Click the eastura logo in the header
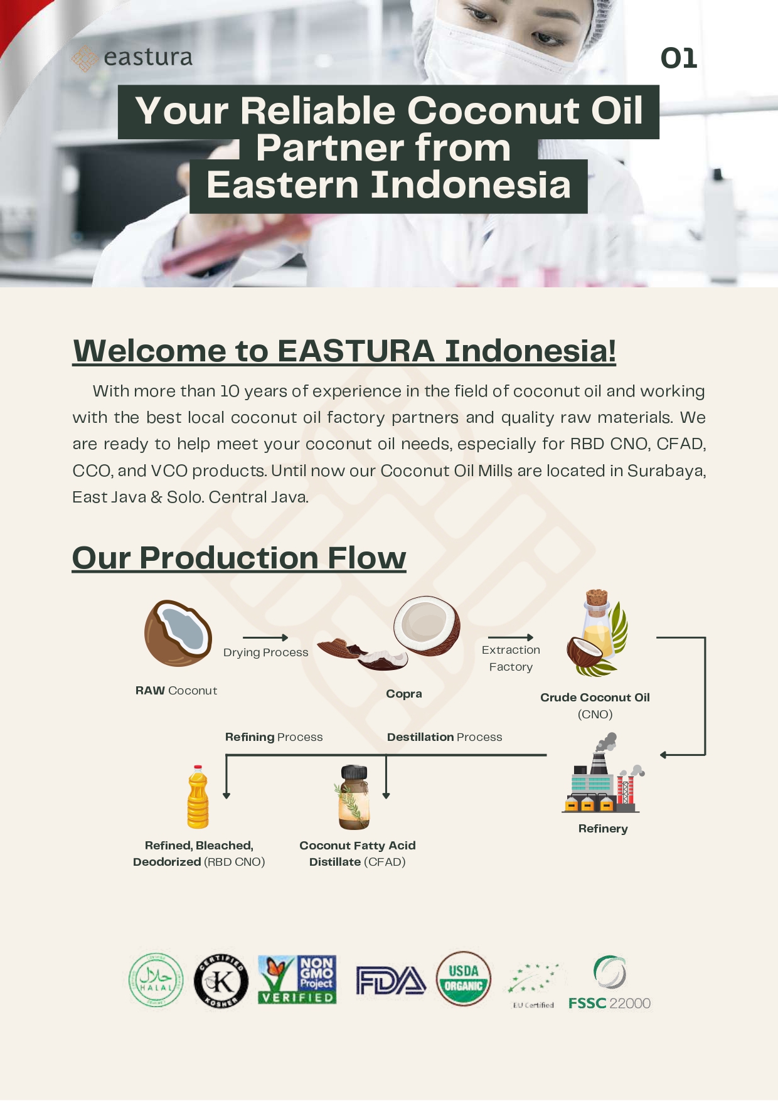tap(132, 58)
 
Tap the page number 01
tap(679, 58)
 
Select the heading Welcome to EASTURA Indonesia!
tap(344, 350)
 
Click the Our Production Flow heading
tap(239, 557)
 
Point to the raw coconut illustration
tap(178, 632)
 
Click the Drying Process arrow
tap(265, 637)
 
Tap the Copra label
tap(404, 694)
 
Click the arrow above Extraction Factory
tap(511, 637)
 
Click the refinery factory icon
tap(603, 773)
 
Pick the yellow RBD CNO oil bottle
tap(198, 797)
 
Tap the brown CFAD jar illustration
tap(354, 797)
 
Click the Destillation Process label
tap(445, 737)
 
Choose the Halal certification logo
tap(156, 980)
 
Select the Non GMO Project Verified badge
tap(297, 979)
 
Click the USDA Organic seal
tap(464, 979)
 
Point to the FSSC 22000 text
tap(609, 1003)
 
